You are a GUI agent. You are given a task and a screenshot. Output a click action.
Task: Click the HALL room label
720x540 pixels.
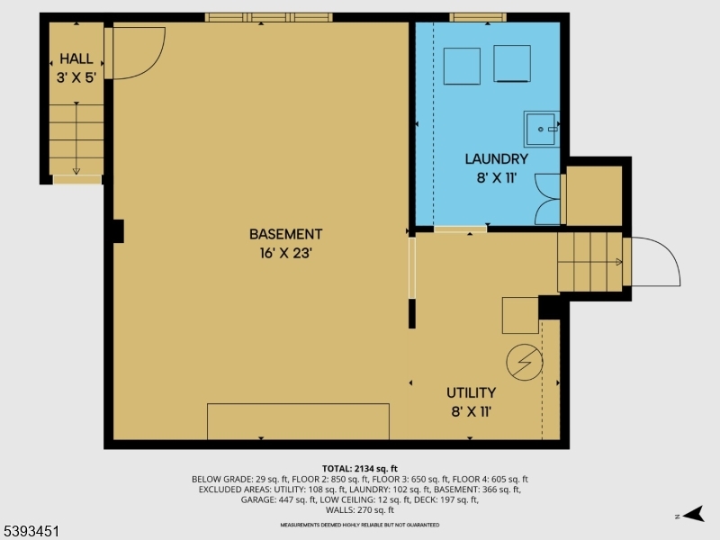click(76, 58)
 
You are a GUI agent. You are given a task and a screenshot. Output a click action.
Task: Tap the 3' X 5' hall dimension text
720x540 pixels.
click(76, 77)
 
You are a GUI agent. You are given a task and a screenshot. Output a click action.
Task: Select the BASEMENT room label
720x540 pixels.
click(285, 234)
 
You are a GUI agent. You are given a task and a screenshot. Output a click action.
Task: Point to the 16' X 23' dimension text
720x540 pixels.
click(285, 254)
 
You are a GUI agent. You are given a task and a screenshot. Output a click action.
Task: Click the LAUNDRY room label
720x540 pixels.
click(496, 159)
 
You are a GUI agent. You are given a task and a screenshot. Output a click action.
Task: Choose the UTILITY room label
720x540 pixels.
click(472, 392)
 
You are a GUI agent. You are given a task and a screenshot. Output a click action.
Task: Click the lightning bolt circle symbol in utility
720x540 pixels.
click(525, 362)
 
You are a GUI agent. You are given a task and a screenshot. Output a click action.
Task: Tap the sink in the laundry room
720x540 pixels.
click(542, 129)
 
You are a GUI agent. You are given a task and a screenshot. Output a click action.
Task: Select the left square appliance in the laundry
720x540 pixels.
click(462, 65)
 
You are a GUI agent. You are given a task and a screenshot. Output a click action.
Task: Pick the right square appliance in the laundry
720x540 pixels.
click(512, 63)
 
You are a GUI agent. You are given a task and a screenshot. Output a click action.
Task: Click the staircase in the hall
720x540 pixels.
click(76, 139)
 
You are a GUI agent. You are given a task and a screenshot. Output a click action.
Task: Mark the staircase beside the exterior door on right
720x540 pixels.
click(589, 262)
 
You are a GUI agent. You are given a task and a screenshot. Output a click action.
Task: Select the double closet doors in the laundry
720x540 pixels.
click(547, 199)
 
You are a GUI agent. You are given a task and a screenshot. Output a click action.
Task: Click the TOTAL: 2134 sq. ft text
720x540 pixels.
click(360, 468)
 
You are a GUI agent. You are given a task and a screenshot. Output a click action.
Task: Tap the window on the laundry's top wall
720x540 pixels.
click(477, 16)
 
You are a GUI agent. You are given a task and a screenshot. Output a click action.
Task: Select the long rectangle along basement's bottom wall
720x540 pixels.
click(298, 421)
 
